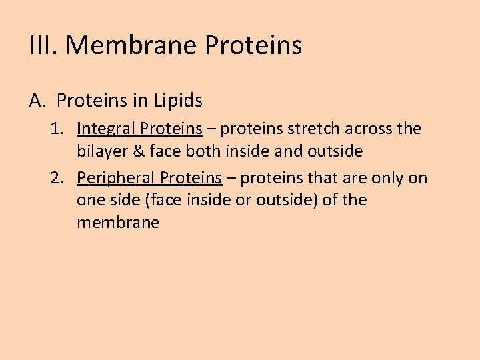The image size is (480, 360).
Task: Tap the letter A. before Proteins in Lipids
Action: [37, 101]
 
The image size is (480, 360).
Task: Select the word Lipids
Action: [178, 101]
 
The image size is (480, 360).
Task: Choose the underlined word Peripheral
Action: [115, 178]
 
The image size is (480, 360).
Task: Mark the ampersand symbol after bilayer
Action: [137, 151]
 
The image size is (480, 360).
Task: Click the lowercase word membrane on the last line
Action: [118, 223]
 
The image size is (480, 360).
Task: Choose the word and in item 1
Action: [288, 151]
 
